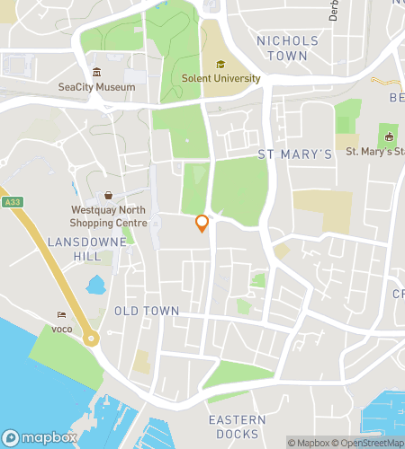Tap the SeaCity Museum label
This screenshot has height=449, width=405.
coord(96,87)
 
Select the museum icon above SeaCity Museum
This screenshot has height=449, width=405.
coord(96,73)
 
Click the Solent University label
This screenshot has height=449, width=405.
coord(220,78)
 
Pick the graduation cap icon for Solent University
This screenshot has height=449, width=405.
coord(220,64)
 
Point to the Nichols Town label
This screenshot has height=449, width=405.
coord(287,48)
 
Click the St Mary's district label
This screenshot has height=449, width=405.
coord(295,154)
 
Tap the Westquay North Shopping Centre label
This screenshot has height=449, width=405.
coord(108,216)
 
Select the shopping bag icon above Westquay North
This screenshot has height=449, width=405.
coord(108,196)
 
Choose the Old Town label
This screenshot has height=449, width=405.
coord(147,311)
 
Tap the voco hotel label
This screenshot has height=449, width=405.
coord(61,329)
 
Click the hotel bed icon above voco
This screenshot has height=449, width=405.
coord(61,315)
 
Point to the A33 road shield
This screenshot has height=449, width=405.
coord(11,202)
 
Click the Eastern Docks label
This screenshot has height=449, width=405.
coord(237,427)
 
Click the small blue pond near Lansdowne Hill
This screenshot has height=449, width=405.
coord(95,287)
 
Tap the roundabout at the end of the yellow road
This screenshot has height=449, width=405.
coord(91,339)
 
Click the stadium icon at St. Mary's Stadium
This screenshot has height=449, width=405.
coord(389,137)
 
